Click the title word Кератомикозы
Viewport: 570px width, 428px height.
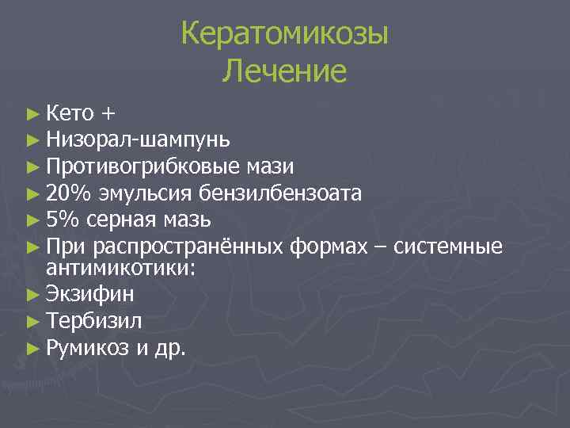[x=284, y=36]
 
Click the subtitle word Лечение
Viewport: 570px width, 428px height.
[x=284, y=72]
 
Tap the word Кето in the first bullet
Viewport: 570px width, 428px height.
[x=71, y=113]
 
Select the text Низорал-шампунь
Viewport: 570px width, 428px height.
[x=139, y=140]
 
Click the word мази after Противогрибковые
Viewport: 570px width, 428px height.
[x=269, y=166]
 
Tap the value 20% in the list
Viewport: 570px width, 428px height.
[x=64, y=193]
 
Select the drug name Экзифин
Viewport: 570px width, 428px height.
[x=90, y=294]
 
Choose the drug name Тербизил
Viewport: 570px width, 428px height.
[x=94, y=320]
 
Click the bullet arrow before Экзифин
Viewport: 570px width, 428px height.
[x=32, y=295]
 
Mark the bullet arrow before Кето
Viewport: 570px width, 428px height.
[x=32, y=114]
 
